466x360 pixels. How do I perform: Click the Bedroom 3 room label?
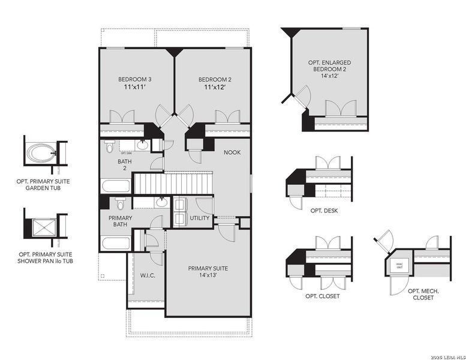coord(130,79)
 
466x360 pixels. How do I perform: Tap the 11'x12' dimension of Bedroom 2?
coord(215,88)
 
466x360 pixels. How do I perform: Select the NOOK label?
coord(232,152)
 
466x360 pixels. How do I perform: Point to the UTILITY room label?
coord(199,218)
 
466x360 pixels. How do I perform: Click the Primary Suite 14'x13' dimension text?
coord(208,276)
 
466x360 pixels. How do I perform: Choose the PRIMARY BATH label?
coord(120,221)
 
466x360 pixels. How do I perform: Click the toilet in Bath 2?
coord(109,146)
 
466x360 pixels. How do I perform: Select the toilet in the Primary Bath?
coord(119,202)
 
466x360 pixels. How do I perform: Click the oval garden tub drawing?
coord(41,152)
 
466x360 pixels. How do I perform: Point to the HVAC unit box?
coord(397,265)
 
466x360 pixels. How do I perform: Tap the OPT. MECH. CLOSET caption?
coord(423,294)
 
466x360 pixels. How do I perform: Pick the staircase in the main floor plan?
coord(173,183)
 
